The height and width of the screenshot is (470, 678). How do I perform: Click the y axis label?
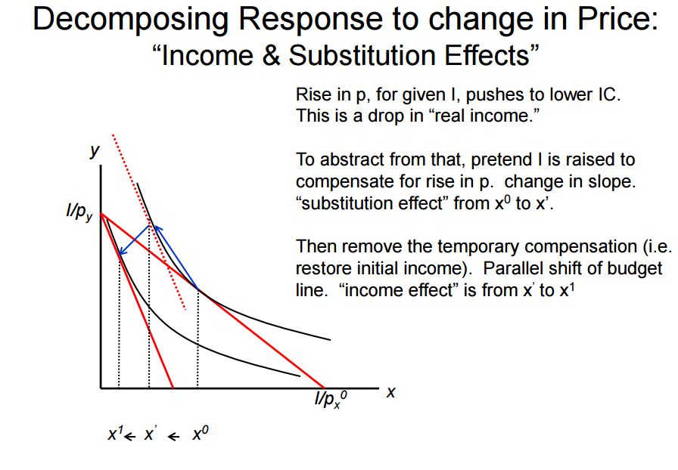click(95, 150)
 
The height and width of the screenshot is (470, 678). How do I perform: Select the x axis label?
click(391, 392)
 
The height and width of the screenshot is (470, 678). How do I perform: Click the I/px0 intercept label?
click(331, 400)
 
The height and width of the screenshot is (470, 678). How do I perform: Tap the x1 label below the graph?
click(114, 435)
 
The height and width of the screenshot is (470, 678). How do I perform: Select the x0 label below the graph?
click(201, 434)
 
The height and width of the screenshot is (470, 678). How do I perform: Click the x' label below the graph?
click(151, 435)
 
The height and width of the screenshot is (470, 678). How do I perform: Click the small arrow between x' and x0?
click(175, 436)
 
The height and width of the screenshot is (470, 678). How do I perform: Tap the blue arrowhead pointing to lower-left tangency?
click(122, 254)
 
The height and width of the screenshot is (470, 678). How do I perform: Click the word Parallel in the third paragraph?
click(514, 269)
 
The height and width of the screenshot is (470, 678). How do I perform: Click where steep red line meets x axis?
click(174, 388)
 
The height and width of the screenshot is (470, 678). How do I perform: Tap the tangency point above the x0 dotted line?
click(198, 290)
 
